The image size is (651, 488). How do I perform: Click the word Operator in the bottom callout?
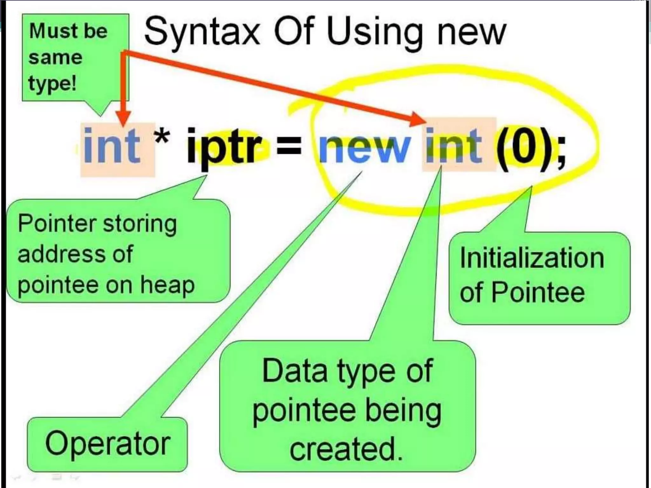click(x=108, y=444)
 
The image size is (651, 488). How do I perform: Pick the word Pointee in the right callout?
click(x=538, y=292)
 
